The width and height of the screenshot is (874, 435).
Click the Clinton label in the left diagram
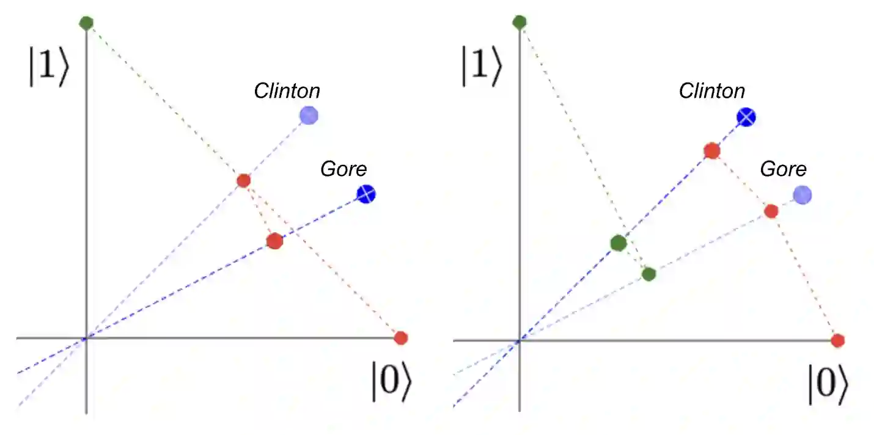pyautogui.click(x=287, y=92)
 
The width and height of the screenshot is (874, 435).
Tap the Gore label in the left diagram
pyautogui.click(x=343, y=169)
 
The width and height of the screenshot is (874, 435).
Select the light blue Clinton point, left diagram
pyautogui.click(x=309, y=115)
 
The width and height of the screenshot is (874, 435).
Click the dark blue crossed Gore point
pyautogui.click(x=365, y=195)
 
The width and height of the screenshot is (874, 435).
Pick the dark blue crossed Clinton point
pyautogui.click(x=746, y=117)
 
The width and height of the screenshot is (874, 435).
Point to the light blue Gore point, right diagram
pyautogui.click(x=802, y=195)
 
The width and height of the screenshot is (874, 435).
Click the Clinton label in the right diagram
pyautogui.click(x=712, y=92)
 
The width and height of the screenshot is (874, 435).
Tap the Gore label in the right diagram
pyautogui.click(x=783, y=169)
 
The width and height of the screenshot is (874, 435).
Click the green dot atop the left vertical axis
pyautogui.click(x=86, y=23)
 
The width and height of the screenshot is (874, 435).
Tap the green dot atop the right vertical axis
pyautogui.click(x=520, y=23)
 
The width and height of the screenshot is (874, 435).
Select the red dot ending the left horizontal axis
pyautogui.click(x=400, y=338)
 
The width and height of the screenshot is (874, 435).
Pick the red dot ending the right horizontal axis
pyautogui.click(x=838, y=340)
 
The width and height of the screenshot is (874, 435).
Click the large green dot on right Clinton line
pyautogui.click(x=619, y=243)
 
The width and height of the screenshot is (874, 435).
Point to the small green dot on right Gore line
pyautogui.click(x=649, y=274)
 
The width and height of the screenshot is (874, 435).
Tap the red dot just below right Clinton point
pyautogui.click(x=711, y=150)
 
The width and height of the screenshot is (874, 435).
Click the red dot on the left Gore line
pyautogui.click(x=274, y=241)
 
